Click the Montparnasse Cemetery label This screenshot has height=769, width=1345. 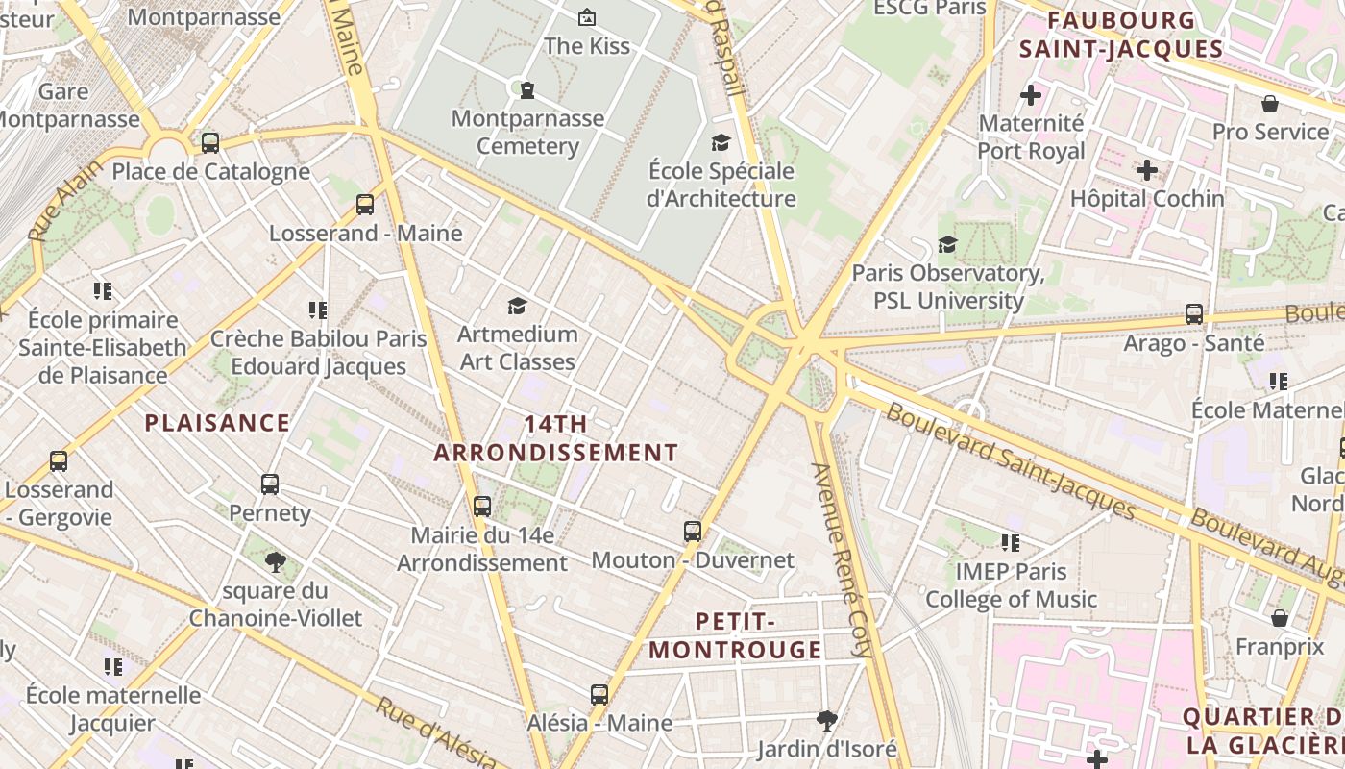(527, 133)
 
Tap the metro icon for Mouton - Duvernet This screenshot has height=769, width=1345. (693, 531)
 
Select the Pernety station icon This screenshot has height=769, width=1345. (270, 484)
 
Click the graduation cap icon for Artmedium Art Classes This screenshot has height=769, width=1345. (518, 306)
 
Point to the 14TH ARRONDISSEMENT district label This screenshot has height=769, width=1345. (556, 438)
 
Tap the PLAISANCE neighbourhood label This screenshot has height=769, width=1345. (217, 423)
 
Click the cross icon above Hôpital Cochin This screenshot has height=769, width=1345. (1147, 170)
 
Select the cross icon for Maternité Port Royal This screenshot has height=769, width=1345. (1031, 95)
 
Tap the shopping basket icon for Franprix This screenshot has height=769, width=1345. (1280, 617)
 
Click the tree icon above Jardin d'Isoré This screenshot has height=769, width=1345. (826, 720)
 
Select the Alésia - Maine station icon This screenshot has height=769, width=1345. (599, 693)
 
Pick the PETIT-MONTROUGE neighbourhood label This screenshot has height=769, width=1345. (735, 635)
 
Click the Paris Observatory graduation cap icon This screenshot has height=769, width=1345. (948, 244)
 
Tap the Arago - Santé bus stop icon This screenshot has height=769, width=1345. (1194, 313)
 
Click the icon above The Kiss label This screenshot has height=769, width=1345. (586, 16)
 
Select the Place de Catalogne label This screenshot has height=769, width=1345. (211, 172)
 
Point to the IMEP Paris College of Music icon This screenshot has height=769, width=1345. (1011, 543)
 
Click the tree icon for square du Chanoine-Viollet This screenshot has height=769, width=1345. (276, 561)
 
